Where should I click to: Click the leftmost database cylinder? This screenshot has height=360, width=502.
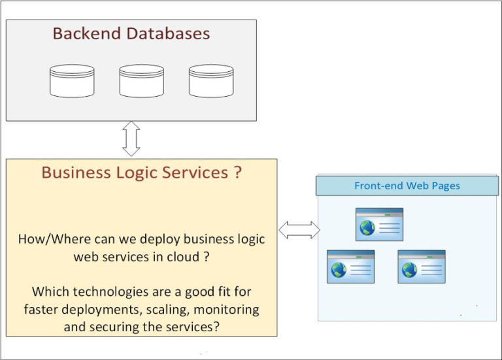pos(72,81)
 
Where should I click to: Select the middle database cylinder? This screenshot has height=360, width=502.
pos(141,81)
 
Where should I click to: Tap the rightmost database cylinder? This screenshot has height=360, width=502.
pos(211,81)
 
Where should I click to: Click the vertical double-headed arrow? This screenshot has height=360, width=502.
pos(131,139)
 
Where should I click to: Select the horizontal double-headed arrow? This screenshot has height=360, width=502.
pos(299,230)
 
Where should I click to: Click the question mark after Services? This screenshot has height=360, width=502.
pos(237,172)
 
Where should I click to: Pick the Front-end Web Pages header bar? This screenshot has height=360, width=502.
pos(407,186)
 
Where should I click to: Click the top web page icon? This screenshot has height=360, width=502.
pos(379,225)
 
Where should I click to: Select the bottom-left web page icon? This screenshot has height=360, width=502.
pos(350,267)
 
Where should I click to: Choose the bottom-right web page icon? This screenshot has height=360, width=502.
pos(422,267)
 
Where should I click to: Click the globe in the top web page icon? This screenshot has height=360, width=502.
pos(366,228)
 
